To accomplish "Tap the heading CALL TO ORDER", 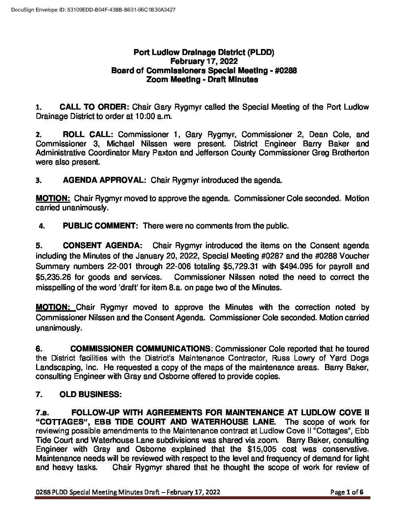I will pos(95,107).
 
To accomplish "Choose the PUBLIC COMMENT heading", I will pos(101,226).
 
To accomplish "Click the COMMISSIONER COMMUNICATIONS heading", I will pos(140,349).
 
